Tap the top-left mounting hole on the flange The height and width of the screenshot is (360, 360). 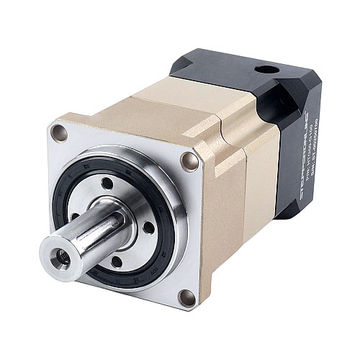[60, 133]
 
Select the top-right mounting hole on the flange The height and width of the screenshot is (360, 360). [189, 161]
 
